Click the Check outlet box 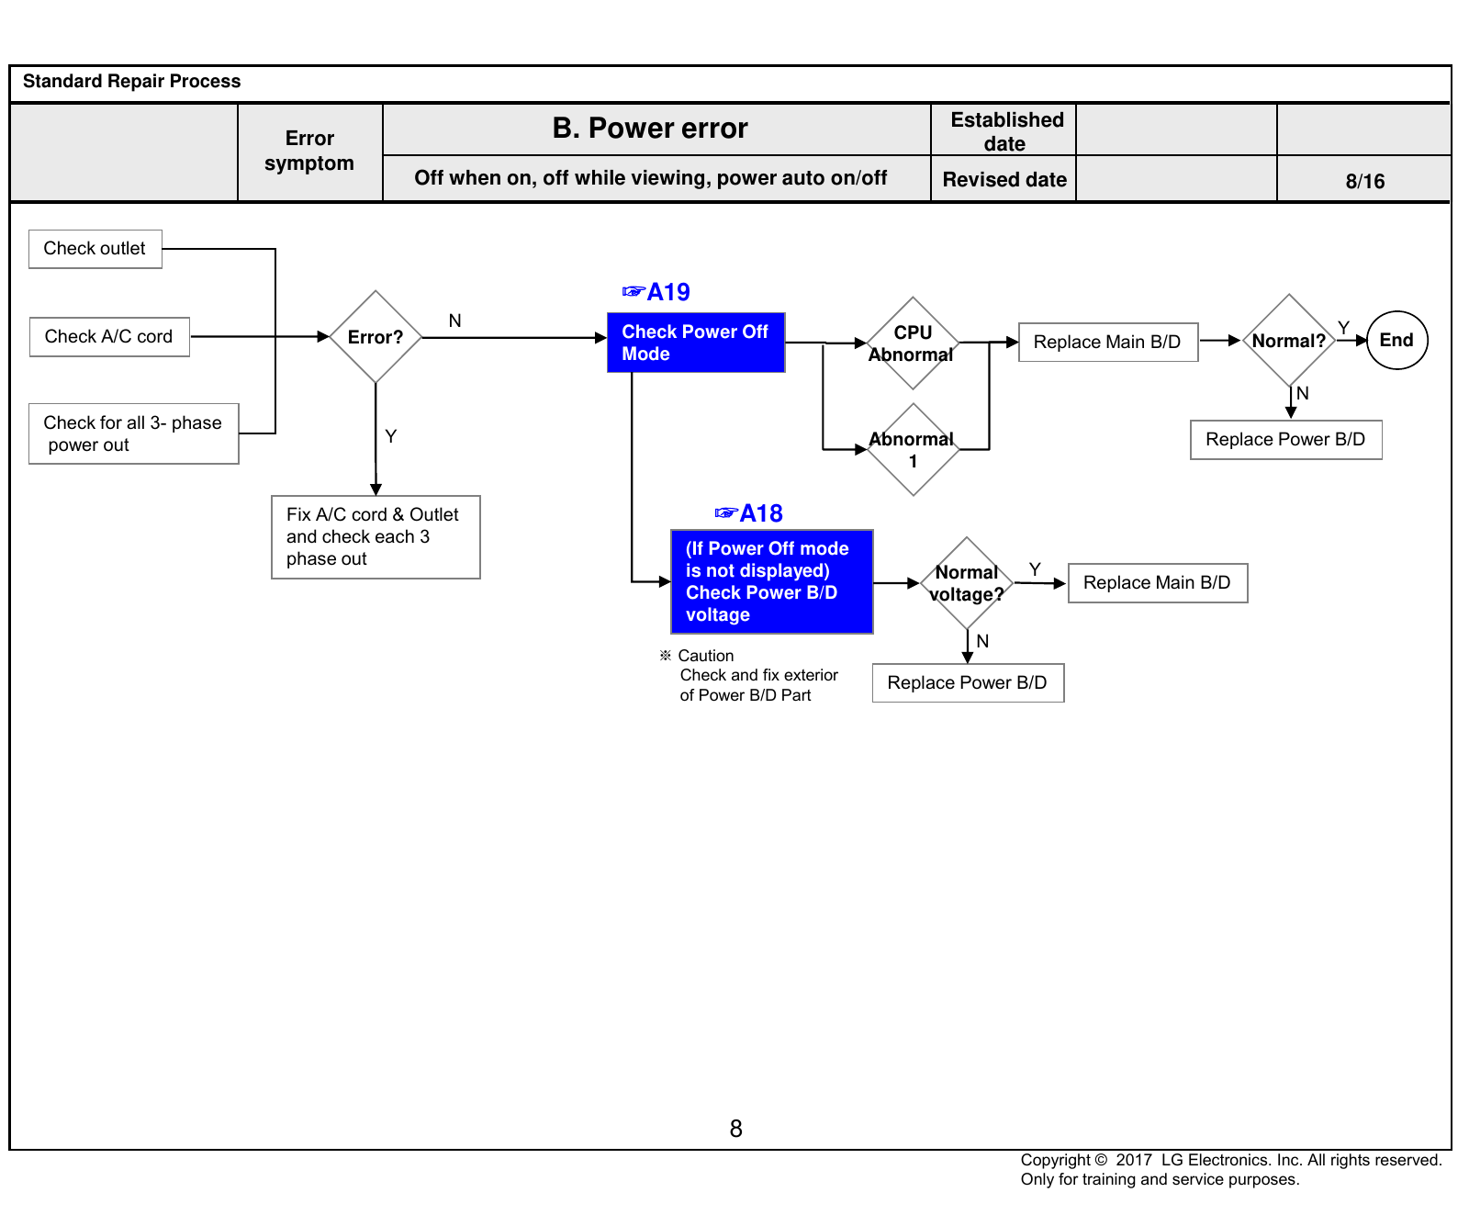coord(95,249)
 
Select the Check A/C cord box coord(109,337)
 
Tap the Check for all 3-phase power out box coord(134,433)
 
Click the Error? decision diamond coord(376,337)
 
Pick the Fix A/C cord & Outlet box coord(376,537)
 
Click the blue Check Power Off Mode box coord(696,343)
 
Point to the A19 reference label coord(656,292)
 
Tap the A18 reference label coord(749,513)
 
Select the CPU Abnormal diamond coord(913,343)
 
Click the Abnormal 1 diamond coord(913,450)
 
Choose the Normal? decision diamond coord(1289,341)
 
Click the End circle coord(1397,341)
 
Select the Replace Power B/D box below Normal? coord(1286,440)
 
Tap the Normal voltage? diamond coord(967,583)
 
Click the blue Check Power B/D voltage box coord(772,581)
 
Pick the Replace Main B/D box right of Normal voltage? coord(1158,583)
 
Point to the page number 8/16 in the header coord(1365,181)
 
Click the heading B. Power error coord(650,129)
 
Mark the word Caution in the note coord(706,656)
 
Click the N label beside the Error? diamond coord(454,321)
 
